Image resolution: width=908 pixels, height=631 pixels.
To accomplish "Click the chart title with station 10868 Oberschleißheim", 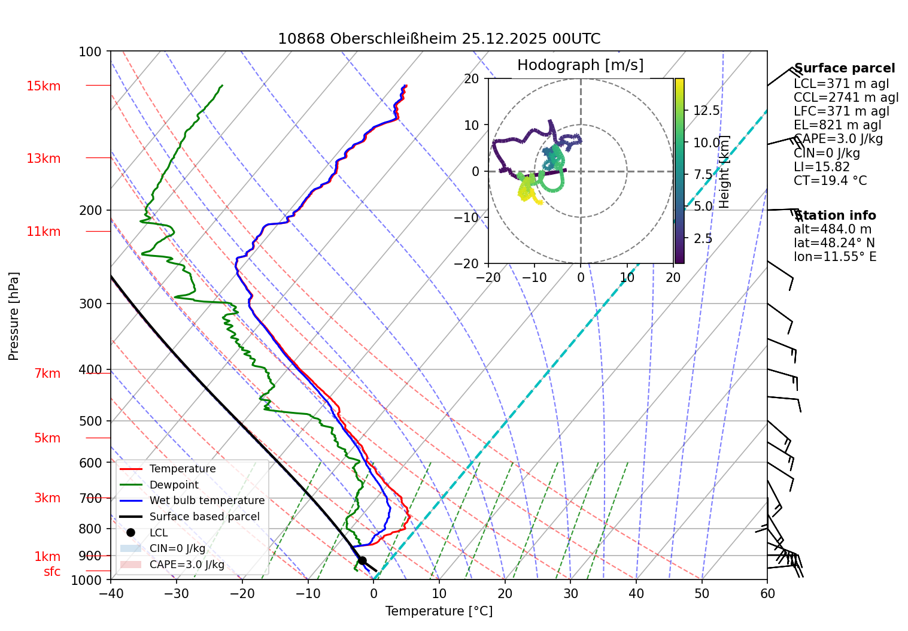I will click(439, 40).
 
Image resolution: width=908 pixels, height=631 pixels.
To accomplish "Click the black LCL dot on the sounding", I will click(362, 560).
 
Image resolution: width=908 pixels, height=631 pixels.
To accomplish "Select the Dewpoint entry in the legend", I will click(174, 485).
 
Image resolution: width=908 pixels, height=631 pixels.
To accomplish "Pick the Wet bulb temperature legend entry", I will click(206, 500).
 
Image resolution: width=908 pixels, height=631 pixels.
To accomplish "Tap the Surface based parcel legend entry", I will click(204, 517).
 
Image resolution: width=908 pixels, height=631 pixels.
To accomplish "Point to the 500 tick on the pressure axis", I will click(90, 421).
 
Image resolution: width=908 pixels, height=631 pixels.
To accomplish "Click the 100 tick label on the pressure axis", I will click(90, 52).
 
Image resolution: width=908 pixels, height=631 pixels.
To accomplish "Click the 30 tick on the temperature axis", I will click(570, 593).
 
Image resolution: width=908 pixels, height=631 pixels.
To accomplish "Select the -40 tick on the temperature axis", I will click(111, 593).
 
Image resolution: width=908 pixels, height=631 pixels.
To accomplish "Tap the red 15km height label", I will click(43, 86).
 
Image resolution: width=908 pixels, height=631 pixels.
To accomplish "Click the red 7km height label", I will click(47, 374).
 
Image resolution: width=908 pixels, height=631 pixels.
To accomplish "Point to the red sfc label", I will click(52, 572).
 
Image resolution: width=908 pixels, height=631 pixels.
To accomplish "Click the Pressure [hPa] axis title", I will click(14, 316).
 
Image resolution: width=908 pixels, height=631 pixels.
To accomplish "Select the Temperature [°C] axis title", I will click(439, 611).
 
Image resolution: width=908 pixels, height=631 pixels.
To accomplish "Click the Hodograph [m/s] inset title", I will click(580, 65).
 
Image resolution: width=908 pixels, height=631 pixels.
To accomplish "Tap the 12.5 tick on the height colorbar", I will click(706, 111).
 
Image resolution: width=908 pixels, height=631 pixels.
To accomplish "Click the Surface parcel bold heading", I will click(844, 68).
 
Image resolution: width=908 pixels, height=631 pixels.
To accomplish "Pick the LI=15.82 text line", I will click(821, 167).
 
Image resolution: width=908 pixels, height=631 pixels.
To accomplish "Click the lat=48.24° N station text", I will click(834, 243).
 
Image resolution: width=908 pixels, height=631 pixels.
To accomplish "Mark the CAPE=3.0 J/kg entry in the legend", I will click(187, 565).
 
